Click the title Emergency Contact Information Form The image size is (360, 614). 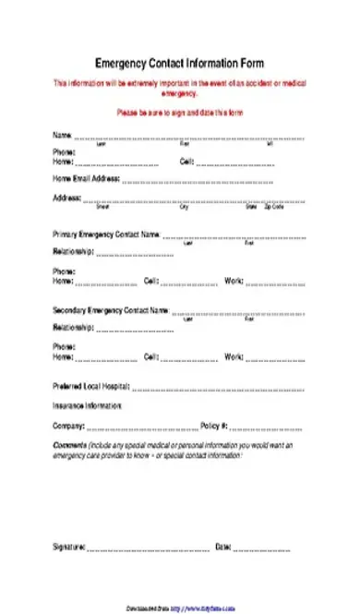point(180,64)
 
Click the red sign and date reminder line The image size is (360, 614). point(179,113)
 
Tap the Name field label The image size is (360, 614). point(61,136)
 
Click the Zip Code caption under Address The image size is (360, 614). point(274,207)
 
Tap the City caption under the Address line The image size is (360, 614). point(184,207)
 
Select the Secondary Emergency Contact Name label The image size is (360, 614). point(111,310)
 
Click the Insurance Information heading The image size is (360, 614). point(87,405)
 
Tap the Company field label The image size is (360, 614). point(68,427)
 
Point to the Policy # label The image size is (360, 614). point(213,427)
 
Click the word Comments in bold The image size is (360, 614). point(68,444)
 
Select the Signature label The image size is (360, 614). point(69,547)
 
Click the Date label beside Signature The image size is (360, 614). point(222,547)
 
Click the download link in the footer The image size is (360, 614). point(180,608)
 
